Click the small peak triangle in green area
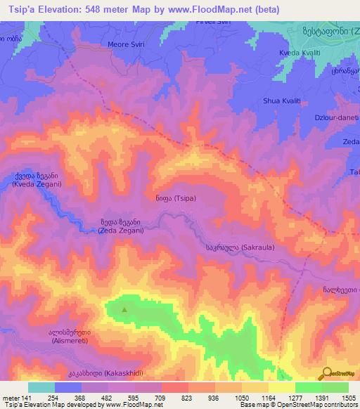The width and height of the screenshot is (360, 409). tap(125, 309)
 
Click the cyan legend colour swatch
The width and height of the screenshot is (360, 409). tap(41, 387)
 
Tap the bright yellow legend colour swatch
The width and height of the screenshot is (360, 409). tap(281, 387)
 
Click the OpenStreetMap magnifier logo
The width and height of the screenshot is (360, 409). tap(328, 373)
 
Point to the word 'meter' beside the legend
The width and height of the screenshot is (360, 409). tap(10, 397)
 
